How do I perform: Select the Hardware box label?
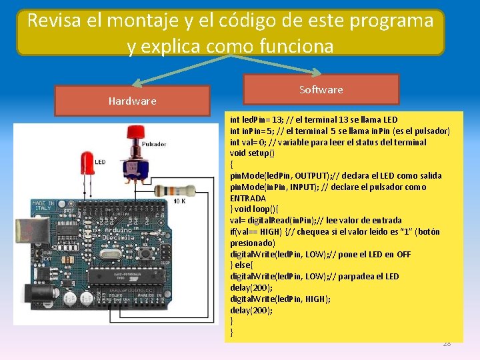(132, 101)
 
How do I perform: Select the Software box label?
(321, 89)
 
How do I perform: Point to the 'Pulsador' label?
(154, 144)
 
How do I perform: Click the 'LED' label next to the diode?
(100, 162)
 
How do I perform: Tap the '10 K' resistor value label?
(179, 201)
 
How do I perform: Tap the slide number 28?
(447, 343)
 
